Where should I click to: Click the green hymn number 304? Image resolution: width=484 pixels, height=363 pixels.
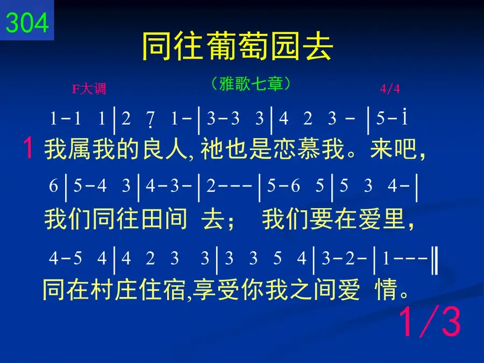click(27, 23)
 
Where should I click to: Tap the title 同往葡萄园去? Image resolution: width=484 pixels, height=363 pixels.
click(237, 47)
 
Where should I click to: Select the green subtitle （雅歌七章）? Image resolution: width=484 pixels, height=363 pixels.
click(251, 83)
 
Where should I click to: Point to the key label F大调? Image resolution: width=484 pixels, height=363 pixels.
click(89, 89)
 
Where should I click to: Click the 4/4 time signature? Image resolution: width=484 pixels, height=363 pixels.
click(390, 89)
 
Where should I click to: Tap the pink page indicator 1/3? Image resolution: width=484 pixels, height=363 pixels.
click(430, 322)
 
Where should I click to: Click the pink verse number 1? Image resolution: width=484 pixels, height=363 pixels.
click(28, 148)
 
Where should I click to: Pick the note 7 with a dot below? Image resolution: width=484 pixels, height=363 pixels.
click(151, 119)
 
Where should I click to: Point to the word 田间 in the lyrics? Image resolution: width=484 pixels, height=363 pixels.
click(164, 219)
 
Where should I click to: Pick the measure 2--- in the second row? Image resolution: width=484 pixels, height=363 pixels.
click(229, 186)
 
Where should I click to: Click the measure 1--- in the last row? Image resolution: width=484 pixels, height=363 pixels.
click(404, 258)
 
